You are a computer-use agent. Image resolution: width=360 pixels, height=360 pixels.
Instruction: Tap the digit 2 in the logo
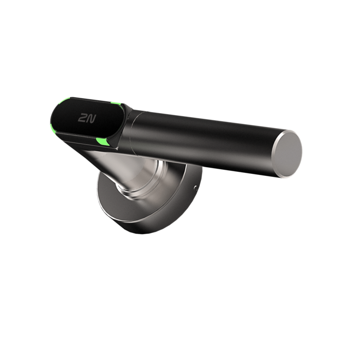tap(82, 118)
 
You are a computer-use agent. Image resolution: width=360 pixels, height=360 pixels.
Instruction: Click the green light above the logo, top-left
tap(64, 101)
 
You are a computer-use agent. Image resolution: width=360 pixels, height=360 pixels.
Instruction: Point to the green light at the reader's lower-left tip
tap(53, 127)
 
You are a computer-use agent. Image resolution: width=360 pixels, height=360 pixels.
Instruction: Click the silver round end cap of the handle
tap(287, 154)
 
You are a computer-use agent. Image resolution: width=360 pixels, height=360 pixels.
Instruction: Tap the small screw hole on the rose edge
tap(195, 189)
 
